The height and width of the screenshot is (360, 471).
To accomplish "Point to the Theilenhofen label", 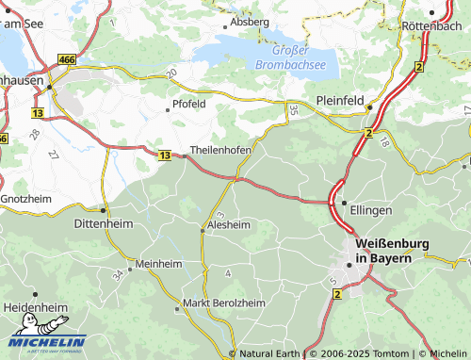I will (220, 150).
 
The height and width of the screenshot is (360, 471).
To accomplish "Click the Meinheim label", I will (158, 265).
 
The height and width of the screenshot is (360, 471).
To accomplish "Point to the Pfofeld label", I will (188, 104).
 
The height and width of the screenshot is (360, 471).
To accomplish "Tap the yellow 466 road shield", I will (66, 59).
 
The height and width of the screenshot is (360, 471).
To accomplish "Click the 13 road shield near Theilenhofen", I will (165, 155).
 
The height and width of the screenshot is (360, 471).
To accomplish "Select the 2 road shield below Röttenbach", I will (418, 66).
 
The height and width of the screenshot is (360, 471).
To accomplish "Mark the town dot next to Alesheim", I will (202, 227).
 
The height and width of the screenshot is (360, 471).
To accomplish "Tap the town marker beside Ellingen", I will (344, 203).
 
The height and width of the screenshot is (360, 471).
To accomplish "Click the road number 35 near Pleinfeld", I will (293, 110).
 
